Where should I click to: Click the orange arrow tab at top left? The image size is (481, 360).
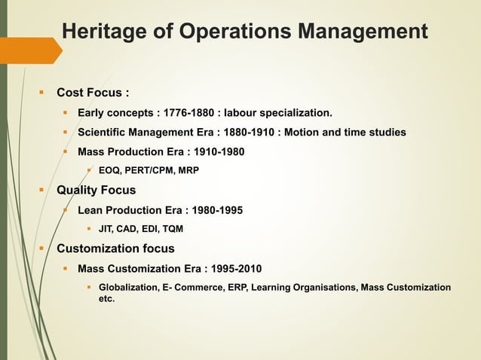click(x=30, y=50)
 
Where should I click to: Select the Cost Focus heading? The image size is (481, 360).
click(x=93, y=93)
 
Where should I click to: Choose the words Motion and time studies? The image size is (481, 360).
click(x=346, y=133)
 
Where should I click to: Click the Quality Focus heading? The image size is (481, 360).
click(x=96, y=191)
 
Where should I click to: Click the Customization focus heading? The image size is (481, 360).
click(x=115, y=249)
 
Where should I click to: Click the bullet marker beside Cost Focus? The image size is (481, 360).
click(x=42, y=93)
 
